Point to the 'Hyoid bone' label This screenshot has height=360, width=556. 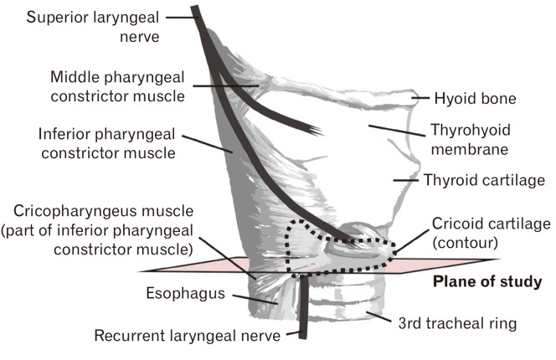475,99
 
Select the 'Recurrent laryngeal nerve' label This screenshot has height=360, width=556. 188,337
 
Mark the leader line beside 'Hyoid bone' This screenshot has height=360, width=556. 420,99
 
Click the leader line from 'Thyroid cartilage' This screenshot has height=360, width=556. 405,180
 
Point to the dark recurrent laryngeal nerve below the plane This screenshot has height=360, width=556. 305,310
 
